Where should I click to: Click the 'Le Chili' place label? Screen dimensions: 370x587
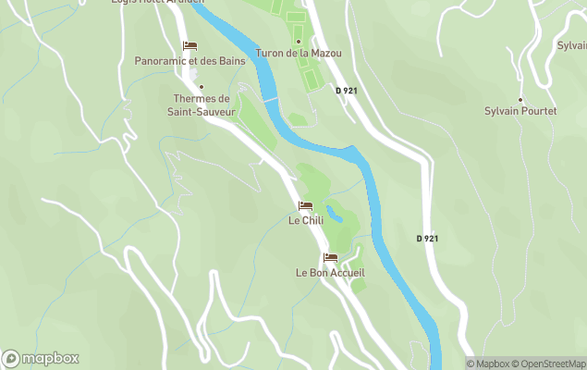[x=305, y=220]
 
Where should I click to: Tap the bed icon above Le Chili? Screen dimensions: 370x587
[x=305, y=205]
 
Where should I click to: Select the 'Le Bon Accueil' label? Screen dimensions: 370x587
[x=330, y=273]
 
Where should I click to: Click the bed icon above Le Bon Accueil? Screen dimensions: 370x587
[x=330, y=257]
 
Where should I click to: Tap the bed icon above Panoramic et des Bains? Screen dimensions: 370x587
[x=190, y=45]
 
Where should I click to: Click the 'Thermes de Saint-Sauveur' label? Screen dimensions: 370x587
[x=201, y=105]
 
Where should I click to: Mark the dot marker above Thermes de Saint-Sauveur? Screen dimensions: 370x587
[x=202, y=87]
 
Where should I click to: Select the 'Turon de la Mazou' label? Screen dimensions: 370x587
[x=299, y=54]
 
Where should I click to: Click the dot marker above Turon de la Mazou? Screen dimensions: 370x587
[x=299, y=41]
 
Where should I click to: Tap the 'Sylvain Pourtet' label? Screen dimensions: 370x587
[x=520, y=111]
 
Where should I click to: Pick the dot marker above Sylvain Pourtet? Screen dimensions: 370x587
[x=520, y=99]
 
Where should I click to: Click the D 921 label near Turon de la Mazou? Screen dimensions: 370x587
[x=346, y=91]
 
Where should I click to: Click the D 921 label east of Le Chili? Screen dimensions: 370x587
[x=427, y=239]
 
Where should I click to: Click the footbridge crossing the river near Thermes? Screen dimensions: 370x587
[x=269, y=99]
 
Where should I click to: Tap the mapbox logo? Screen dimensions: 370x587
[x=41, y=358]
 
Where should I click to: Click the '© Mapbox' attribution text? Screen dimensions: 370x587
[x=488, y=364]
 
